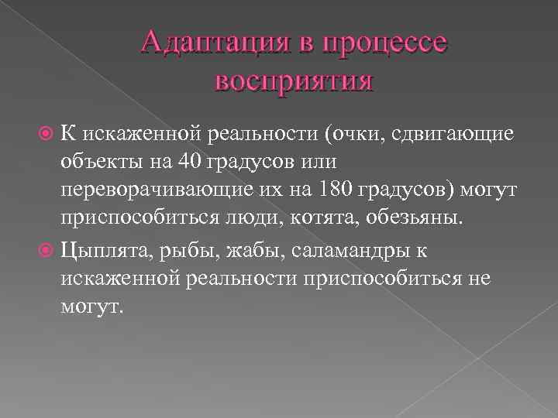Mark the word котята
[x=320, y=221]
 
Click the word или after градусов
[x=311, y=164]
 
